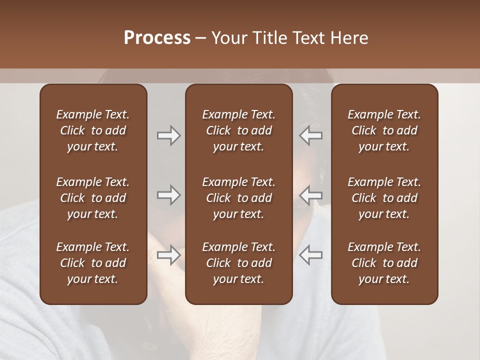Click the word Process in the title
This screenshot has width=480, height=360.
pos(157,38)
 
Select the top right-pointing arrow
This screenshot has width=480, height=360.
pos(169,135)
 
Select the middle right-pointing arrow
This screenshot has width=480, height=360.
pos(169,195)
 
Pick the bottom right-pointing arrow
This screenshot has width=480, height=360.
pos(169,255)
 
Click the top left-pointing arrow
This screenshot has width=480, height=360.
pos(310,135)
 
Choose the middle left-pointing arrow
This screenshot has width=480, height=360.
pos(310,195)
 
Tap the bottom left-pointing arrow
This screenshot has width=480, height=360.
pos(310,255)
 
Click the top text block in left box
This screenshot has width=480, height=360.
pos(93,130)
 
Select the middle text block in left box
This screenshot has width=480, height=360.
pos(93,198)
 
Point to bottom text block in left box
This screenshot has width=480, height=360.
pos(93,263)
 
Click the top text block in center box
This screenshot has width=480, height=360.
pos(238,130)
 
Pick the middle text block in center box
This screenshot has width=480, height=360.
pos(238,198)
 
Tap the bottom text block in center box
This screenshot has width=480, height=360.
pos(238,263)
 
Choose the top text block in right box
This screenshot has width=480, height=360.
pos(384,130)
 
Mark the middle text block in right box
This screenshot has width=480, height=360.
pos(384,198)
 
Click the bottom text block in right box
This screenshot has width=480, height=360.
pos(384,263)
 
